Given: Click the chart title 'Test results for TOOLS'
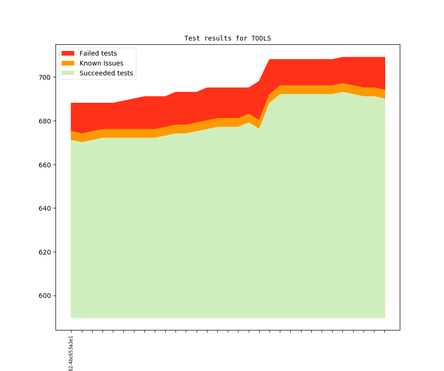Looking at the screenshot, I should pyautogui.click(x=227, y=38).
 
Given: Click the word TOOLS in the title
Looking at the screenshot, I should pyautogui.click(x=261, y=38).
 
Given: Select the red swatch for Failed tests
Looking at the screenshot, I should pyautogui.click(x=68, y=53).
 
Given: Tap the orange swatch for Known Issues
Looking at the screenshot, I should pyautogui.click(x=68, y=63).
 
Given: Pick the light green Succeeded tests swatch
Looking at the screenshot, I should pyautogui.click(x=68, y=73).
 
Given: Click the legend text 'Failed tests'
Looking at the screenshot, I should pyautogui.click(x=98, y=53).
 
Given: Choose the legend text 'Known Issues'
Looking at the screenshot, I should pyautogui.click(x=101, y=63).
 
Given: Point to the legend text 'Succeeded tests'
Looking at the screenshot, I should pyautogui.click(x=106, y=73).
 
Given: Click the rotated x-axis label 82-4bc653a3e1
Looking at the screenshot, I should pyautogui.click(x=71, y=354).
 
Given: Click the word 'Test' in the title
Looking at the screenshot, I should pyautogui.click(x=192, y=38).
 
